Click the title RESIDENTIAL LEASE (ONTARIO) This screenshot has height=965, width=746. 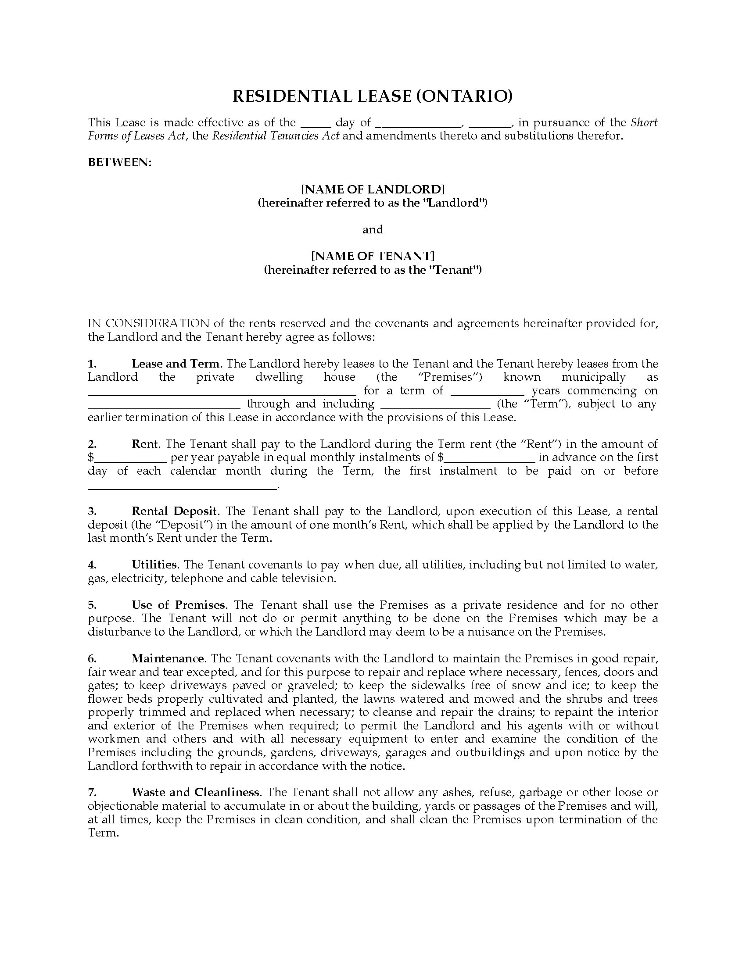pos(373,96)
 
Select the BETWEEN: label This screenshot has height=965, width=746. pos(120,163)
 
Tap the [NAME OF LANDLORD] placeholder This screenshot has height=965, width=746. pos(373,189)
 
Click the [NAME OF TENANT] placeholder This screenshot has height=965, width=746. pos(373,256)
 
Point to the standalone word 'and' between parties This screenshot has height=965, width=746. pos(373,229)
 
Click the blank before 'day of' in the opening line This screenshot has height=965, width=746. pos(316,124)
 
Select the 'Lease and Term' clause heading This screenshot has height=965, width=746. pos(176,364)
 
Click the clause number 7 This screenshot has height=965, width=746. pos(92,792)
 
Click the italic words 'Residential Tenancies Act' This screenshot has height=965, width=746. pos(276,136)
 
